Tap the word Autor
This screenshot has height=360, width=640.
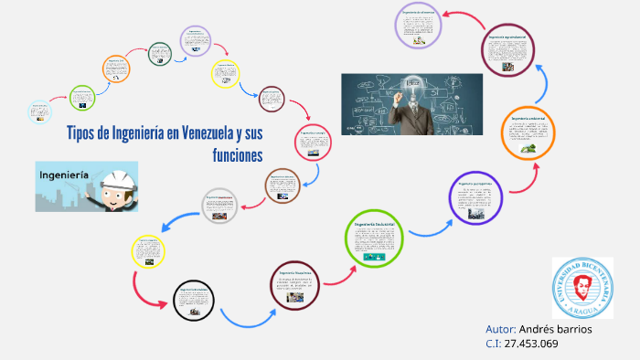(500, 328)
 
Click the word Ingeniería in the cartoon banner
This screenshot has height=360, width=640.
(63, 173)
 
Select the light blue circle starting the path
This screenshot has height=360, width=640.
(39, 111)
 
